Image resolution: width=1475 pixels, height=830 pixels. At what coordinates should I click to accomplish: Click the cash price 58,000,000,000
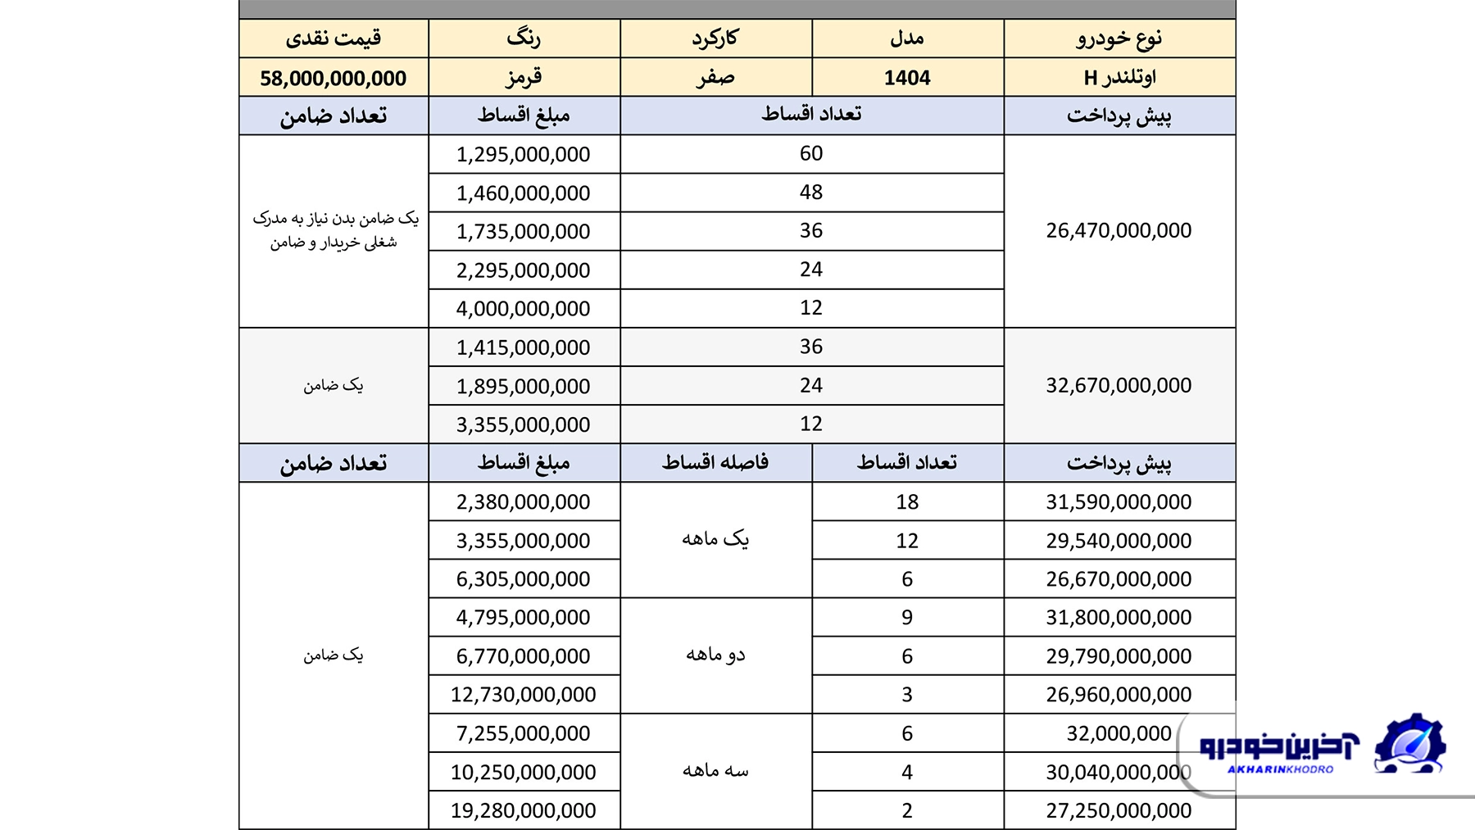333,78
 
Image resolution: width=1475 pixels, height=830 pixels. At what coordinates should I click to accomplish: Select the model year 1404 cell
907,78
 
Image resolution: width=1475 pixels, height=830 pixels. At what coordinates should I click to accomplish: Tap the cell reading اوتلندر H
1119,78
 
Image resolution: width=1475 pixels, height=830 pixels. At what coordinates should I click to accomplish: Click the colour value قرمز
524,78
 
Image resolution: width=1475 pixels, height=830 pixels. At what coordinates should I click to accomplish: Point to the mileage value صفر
715,78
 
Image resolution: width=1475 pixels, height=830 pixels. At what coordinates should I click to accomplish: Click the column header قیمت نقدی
333,38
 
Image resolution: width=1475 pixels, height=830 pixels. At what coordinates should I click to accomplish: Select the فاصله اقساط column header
715,463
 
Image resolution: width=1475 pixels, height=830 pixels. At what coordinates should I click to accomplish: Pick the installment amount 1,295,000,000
524,154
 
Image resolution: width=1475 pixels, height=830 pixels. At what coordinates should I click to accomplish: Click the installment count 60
811,153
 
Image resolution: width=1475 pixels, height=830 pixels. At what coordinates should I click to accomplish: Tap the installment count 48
811,192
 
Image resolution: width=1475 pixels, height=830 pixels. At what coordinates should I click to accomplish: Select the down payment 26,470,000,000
1119,230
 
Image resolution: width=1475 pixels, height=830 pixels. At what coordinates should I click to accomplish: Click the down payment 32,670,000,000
1119,385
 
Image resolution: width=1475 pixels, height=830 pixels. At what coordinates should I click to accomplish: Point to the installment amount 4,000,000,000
524,309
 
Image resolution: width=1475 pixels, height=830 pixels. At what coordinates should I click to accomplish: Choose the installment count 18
907,501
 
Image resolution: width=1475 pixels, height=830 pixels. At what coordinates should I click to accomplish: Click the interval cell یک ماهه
715,539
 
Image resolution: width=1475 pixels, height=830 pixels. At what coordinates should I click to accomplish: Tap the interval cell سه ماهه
715,771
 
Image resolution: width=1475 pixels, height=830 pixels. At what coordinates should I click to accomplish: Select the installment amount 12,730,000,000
524,695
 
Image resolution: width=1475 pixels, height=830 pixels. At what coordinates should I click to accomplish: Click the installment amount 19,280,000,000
524,810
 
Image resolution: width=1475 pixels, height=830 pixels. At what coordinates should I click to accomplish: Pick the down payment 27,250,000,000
1119,810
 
